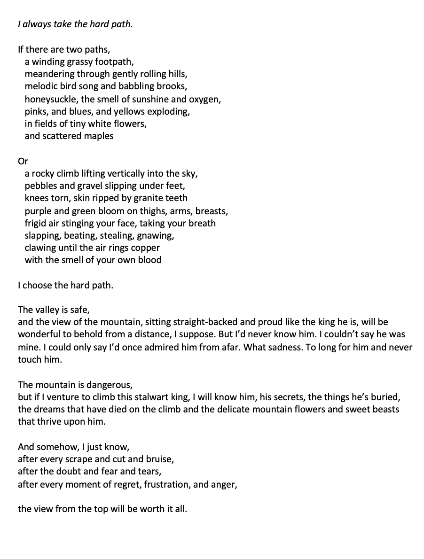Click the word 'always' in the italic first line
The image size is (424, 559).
coord(34,24)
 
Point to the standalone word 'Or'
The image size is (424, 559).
coord(23,161)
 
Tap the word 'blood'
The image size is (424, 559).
coord(149,260)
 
